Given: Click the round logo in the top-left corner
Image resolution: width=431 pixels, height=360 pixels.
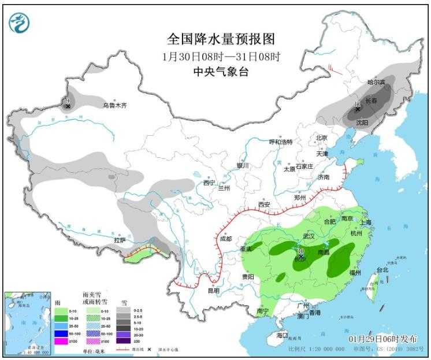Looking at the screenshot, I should (x=19, y=23).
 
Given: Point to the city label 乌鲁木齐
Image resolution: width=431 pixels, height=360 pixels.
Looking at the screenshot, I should (x=114, y=105).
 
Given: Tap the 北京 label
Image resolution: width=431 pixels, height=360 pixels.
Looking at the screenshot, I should (x=321, y=138).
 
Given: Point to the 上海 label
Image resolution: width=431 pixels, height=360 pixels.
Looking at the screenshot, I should (x=365, y=222).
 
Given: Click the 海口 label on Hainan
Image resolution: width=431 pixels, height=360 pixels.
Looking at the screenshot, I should (x=281, y=335).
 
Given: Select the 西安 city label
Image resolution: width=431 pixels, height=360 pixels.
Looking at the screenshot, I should (x=264, y=205).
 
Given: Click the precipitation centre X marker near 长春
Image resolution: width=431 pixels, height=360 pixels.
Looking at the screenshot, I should (x=358, y=109).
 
